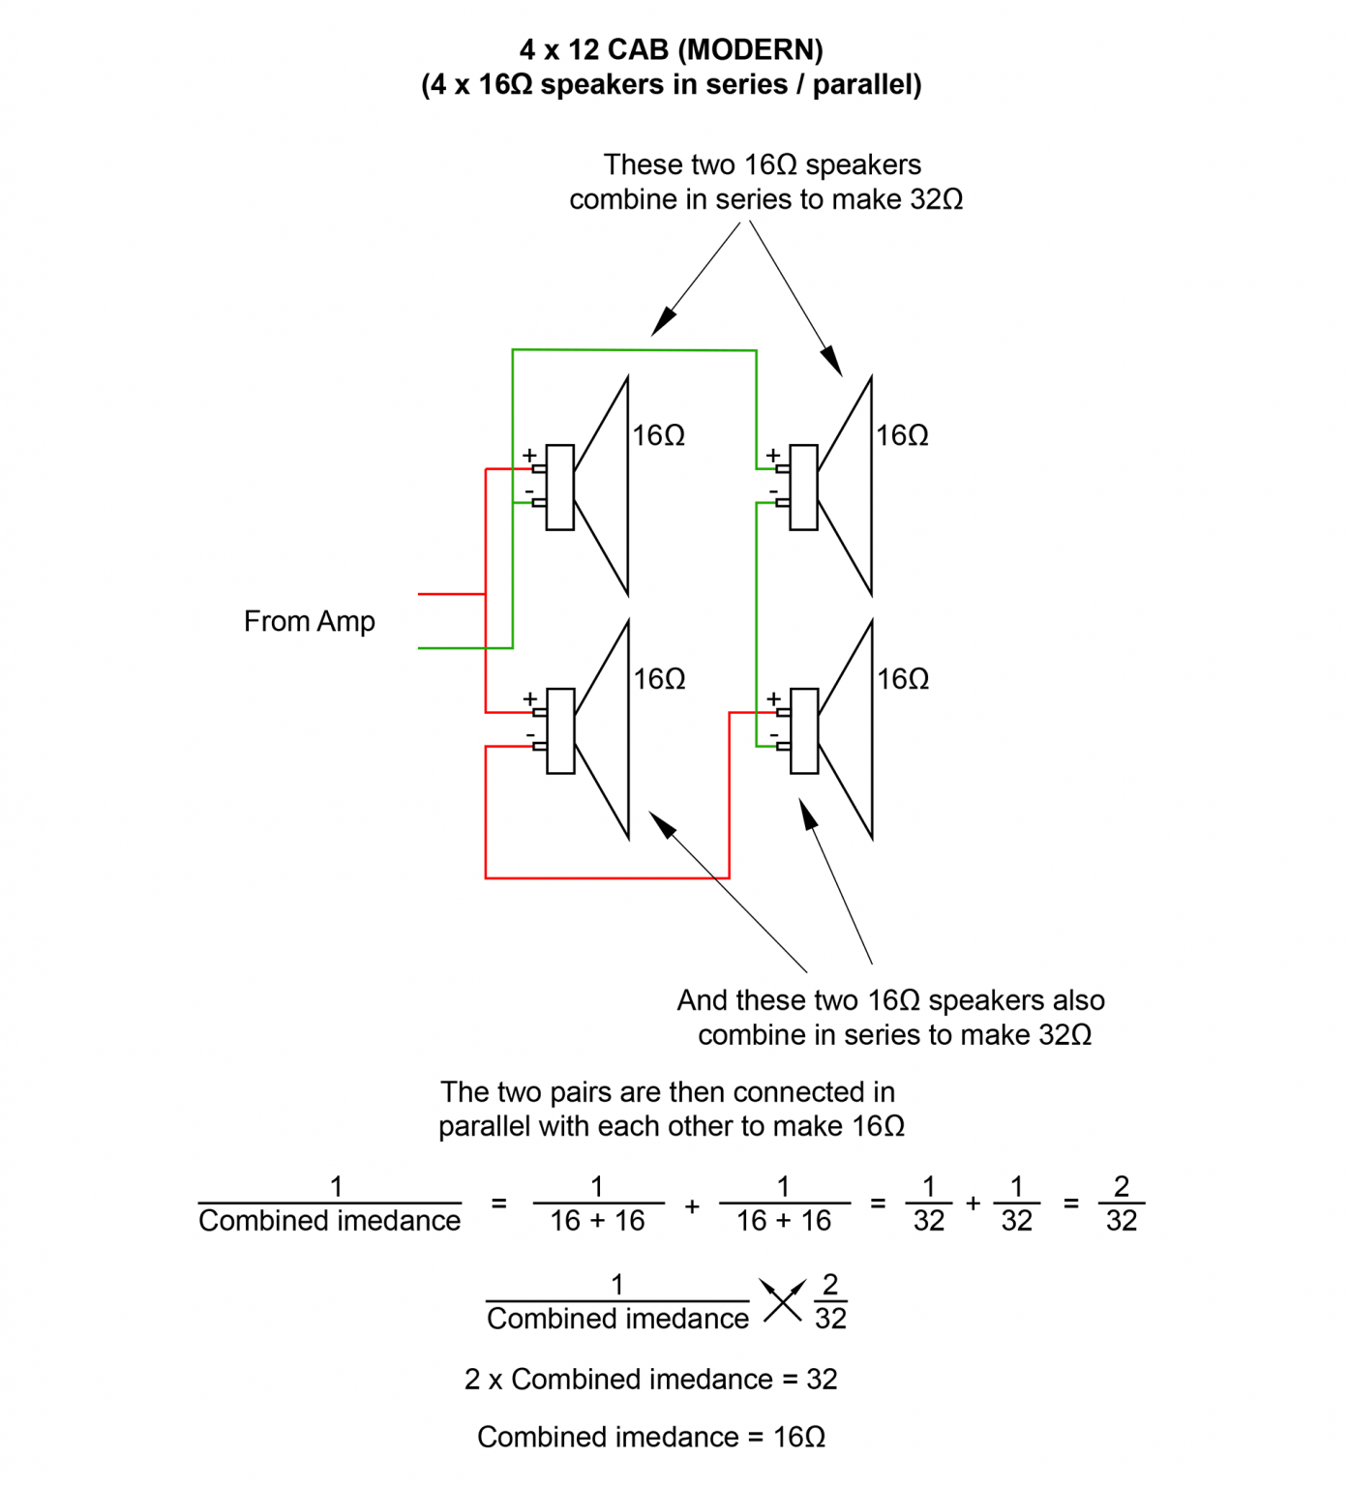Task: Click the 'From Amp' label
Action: point(309,621)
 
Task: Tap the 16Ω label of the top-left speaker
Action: point(658,435)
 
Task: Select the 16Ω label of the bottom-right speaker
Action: point(903,679)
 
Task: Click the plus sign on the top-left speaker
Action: point(529,455)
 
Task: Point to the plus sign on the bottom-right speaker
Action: point(773,698)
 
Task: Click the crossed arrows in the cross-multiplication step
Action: point(782,1300)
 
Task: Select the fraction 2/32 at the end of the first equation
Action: point(1121,1204)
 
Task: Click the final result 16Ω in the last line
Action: point(798,1438)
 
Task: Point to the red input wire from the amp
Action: point(451,594)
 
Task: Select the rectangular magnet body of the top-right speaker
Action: point(803,488)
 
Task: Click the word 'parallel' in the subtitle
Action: point(866,85)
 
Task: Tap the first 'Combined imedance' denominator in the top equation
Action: point(329,1221)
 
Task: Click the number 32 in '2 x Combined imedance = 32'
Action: point(822,1380)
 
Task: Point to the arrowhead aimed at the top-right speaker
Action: point(832,362)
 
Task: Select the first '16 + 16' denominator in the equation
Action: point(597,1221)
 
